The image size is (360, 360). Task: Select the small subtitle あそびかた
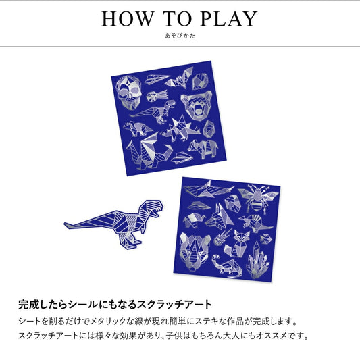pos(180,36)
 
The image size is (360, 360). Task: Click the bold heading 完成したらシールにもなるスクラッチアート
pos(115,304)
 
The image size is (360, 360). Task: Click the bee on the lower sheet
pos(259,199)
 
